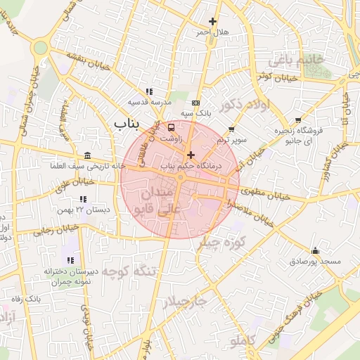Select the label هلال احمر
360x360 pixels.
pyautogui.click(x=212, y=32)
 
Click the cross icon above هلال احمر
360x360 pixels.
pyautogui.click(x=212, y=21)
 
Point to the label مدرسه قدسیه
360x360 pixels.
pyautogui.click(x=148, y=103)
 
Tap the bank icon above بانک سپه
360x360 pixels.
pyautogui.click(x=195, y=102)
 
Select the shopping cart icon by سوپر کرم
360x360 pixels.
pyautogui.click(x=232, y=129)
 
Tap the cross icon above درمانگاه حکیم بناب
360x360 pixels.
pyautogui.click(x=191, y=154)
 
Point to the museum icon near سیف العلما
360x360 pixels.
pyautogui.click(x=86, y=155)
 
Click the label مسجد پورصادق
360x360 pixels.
pyautogui.click(x=315, y=262)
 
